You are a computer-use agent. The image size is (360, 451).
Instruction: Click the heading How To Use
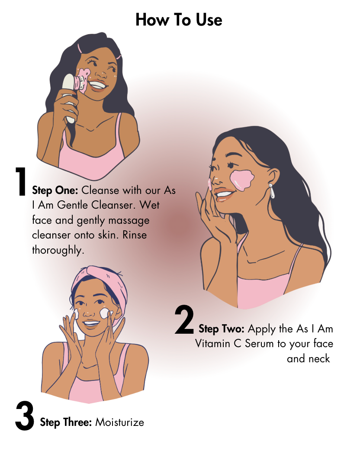tap(179, 20)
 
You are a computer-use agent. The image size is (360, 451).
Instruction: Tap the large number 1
tap(20, 182)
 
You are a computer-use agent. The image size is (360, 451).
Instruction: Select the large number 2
tap(184, 320)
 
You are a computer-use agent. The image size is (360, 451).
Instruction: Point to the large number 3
tap(25, 416)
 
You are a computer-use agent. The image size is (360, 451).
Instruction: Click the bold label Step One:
tap(55, 190)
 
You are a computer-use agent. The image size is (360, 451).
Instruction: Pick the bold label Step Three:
tap(66, 422)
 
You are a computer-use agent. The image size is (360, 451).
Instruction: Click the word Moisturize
tap(119, 422)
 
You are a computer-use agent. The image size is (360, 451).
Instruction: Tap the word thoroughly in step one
tap(58, 250)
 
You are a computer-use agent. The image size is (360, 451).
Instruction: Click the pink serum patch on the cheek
tap(243, 179)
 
